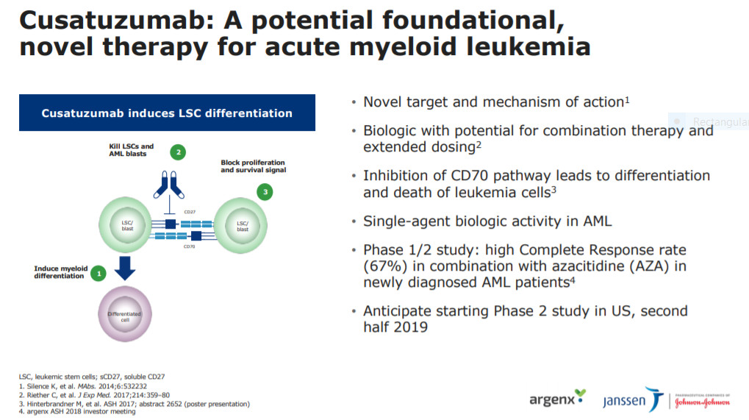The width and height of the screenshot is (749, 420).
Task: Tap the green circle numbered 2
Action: coord(178,152)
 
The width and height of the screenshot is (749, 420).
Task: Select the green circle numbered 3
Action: coord(265,192)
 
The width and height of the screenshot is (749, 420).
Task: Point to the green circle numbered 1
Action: coord(98,274)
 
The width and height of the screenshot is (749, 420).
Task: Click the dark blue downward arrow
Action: coord(125,268)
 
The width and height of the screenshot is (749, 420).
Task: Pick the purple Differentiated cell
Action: coord(125,314)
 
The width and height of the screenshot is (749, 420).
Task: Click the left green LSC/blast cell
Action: coord(126,224)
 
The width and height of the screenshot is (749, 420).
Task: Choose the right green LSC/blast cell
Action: coord(241,225)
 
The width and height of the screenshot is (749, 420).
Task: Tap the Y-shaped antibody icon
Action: coord(168,185)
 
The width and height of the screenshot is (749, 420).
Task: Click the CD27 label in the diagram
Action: coord(190,212)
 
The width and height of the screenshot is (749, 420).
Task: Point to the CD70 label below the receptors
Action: coord(189,246)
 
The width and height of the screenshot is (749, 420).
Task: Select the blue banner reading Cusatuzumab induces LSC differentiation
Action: coord(167,113)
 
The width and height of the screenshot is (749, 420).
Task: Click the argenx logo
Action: coord(557,398)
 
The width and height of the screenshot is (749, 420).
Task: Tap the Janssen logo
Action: coord(633,399)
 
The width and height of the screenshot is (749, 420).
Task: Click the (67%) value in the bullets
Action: coord(385,266)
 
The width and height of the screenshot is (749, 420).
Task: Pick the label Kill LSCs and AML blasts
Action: coord(132,150)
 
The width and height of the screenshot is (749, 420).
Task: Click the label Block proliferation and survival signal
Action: coord(253,166)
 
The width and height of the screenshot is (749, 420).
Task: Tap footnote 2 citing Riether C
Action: coord(94,395)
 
